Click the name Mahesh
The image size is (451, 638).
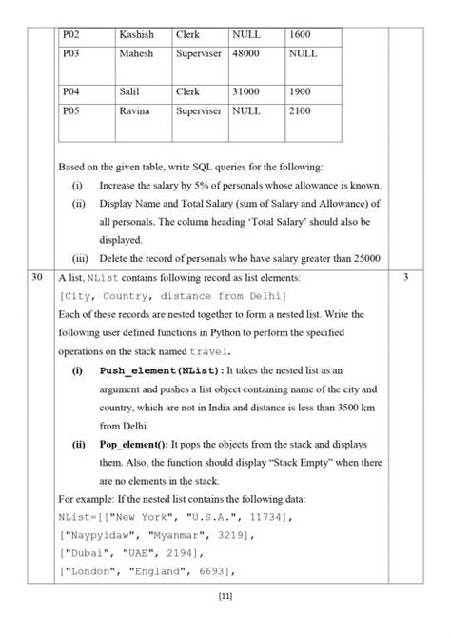click(x=135, y=54)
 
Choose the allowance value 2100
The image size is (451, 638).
click(x=300, y=110)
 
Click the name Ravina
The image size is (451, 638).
click(x=135, y=110)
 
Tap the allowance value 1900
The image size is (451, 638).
click(x=300, y=91)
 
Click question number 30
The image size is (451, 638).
click(x=35, y=277)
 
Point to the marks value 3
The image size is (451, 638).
click(x=405, y=277)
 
